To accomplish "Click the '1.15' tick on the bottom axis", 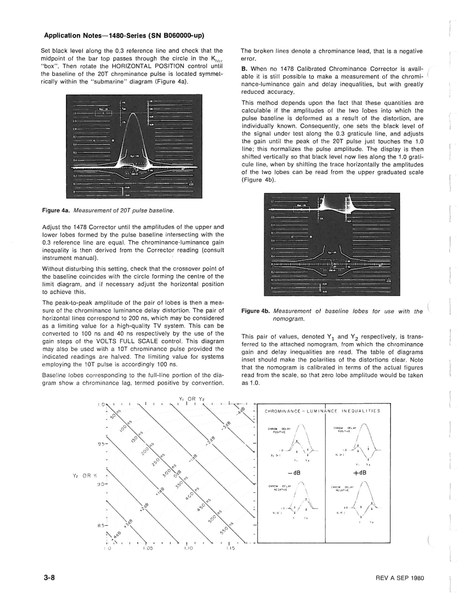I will pyautogui.click(x=230, y=548).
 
